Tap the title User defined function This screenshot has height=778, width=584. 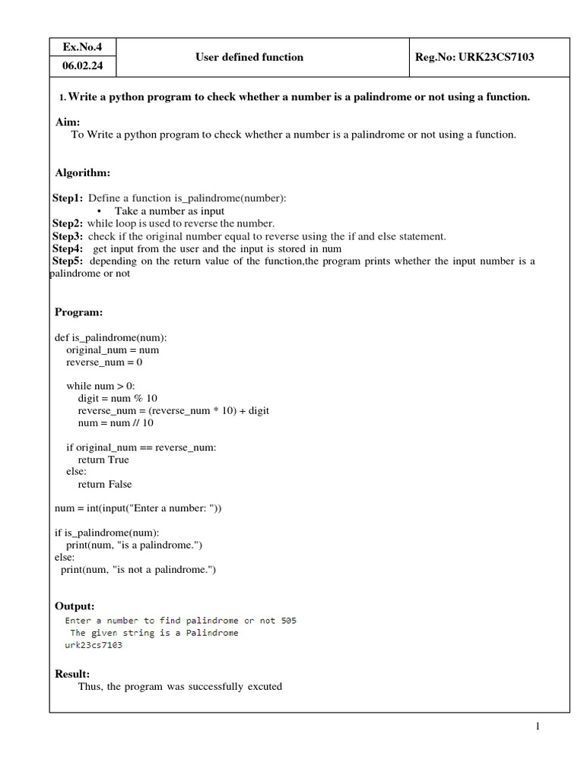(249, 57)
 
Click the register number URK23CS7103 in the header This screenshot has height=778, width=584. (474, 57)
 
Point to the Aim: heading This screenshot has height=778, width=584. (68, 122)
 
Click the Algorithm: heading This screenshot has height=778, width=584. (83, 173)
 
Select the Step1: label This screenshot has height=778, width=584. (68, 198)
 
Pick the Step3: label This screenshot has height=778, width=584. (68, 236)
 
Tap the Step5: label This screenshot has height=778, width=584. (68, 261)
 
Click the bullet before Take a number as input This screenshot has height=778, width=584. (100, 211)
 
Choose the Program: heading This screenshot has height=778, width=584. (78, 312)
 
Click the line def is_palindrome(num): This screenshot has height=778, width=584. (111, 337)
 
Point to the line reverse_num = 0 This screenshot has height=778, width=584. (104, 362)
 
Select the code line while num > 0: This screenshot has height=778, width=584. (100, 386)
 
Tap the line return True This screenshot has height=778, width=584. (103, 460)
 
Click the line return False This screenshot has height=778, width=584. (105, 484)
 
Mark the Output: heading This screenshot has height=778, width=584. (75, 606)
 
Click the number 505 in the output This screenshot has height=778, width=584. (288, 621)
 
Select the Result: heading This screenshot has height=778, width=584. (72, 674)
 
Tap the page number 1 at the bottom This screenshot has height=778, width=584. (538, 727)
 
